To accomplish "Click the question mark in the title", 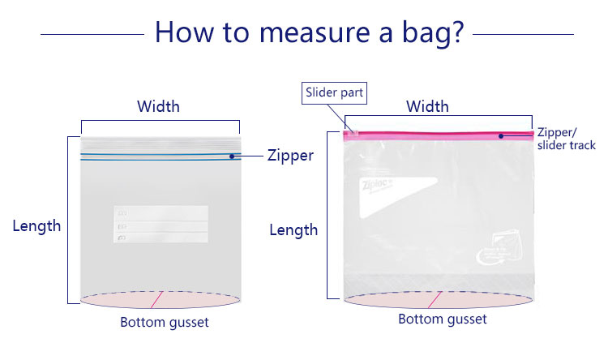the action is click(x=457, y=32).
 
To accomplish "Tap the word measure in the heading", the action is click(x=315, y=34).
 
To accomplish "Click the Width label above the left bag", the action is click(x=158, y=106).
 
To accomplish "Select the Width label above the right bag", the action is click(x=427, y=106).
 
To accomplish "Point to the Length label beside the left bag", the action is click(x=36, y=226).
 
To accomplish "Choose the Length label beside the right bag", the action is click(x=293, y=230).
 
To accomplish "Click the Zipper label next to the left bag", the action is click(x=290, y=156).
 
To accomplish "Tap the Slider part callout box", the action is click(x=334, y=93).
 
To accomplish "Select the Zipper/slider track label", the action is click(x=566, y=139).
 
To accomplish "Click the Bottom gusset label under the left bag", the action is click(x=165, y=322).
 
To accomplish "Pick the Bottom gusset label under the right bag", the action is click(x=443, y=319).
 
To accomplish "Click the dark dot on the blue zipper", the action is click(x=232, y=156).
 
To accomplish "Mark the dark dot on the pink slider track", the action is click(x=501, y=136).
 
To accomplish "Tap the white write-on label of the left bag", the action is click(x=161, y=225).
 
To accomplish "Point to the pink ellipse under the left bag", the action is click(x=161, y=300).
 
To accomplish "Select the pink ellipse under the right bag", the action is click(x=439, y=300).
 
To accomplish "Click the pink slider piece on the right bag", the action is click(x=353, y=135).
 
